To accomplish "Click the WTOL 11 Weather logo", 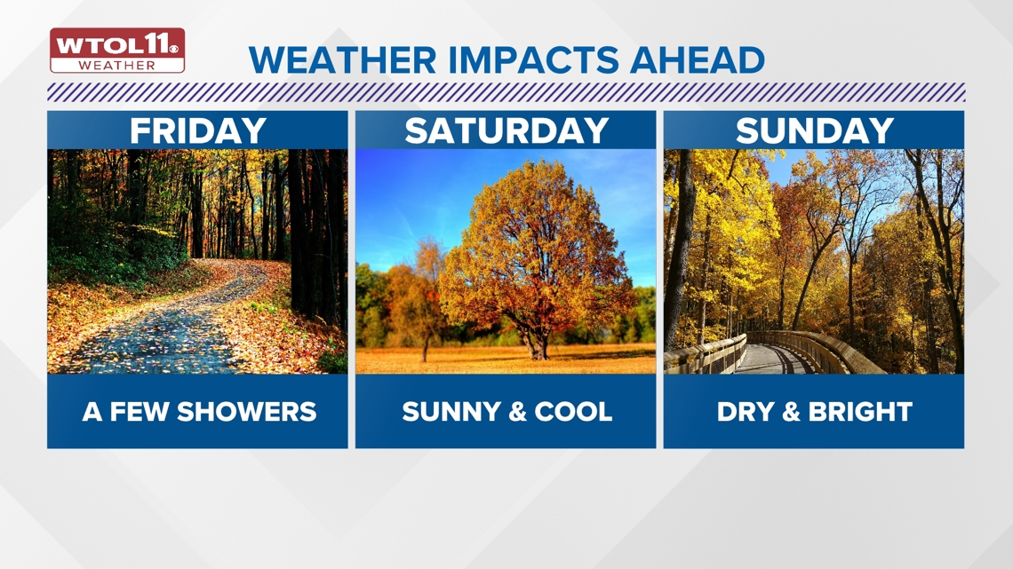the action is (x=117, y=51).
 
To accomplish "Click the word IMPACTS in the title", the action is (x=534, y=60).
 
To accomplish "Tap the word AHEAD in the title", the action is (x=697, y=60).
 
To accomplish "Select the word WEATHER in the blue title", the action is (x=343, y=60).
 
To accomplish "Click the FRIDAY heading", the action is (x=197, y=131).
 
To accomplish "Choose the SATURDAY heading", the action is (x=506, y=131).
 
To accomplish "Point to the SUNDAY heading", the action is (x=815, y=131).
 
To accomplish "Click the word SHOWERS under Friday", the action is (x=247, y=412).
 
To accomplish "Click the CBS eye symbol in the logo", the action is (x=173, y=49).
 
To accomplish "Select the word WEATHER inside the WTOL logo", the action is (x=117, y=65).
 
